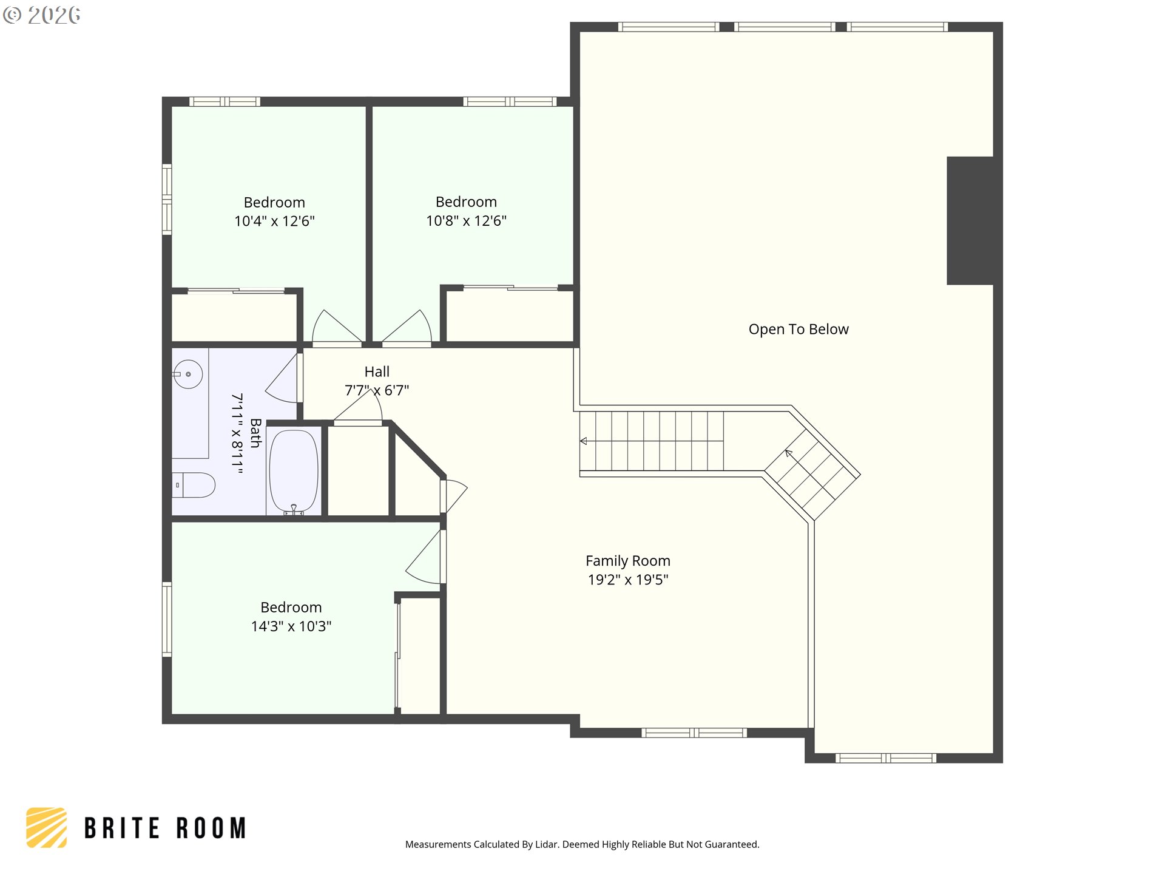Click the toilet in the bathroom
pyautogui.click(x=194, y=485)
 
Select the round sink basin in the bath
pyautogui.click(x=188, y=374)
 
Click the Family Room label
pyautogui.click(x=628, y=561)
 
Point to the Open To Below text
pyautogui.click(x=799, y=329)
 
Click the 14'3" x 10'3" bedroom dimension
pyautogui.click(x=291, y=626)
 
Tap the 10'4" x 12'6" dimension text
pyautogui.click(x=274, y=221)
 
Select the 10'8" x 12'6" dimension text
pyautogui.click(x=466, y=220)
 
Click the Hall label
pyautogui.click(x=377, y=371)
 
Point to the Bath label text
pyautogui.click(x=255, y=433)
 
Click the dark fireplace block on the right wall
pyautogui.click(x=970, y=220)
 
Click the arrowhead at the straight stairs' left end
pyautogui.click(x=583, y=441)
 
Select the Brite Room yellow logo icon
pyautogui.click(x=47, y=827)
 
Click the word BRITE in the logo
pyautogui.click(x=122, y=828)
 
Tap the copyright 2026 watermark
pyautogui.click(x=41, y=15)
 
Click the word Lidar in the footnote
pyautogui.click(x=547, y=844)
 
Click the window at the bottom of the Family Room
pyautogui.click(x=694, y=733)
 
